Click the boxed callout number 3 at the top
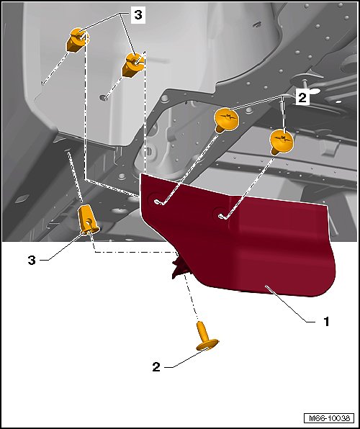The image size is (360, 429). (138, 15)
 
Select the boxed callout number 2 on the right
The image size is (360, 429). (302, 98)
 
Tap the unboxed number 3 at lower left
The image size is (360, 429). (32, 260)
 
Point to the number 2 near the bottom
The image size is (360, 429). (156, 367)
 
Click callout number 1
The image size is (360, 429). (326, 322)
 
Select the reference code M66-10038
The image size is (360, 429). (329, 418)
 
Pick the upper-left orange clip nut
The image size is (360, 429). (77, 40)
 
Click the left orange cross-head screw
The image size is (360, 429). (226, 119)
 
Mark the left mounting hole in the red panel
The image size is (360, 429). (157, 201)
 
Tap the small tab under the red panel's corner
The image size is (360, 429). (179, 268)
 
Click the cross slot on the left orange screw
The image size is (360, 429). (225, 117)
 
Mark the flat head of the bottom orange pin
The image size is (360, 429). (207, 345)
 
